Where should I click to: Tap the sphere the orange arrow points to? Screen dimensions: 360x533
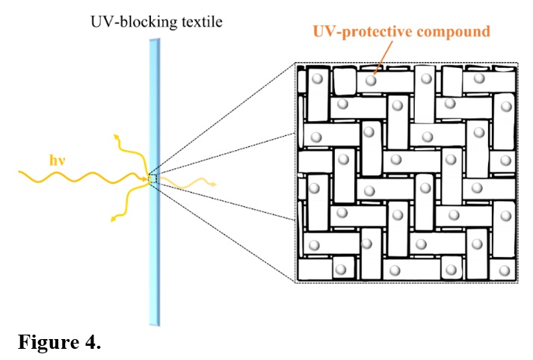pos(371,78)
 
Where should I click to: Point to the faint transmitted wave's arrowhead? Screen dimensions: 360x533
pos(214,183)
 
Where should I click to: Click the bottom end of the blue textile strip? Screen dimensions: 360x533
pos(154,323)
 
